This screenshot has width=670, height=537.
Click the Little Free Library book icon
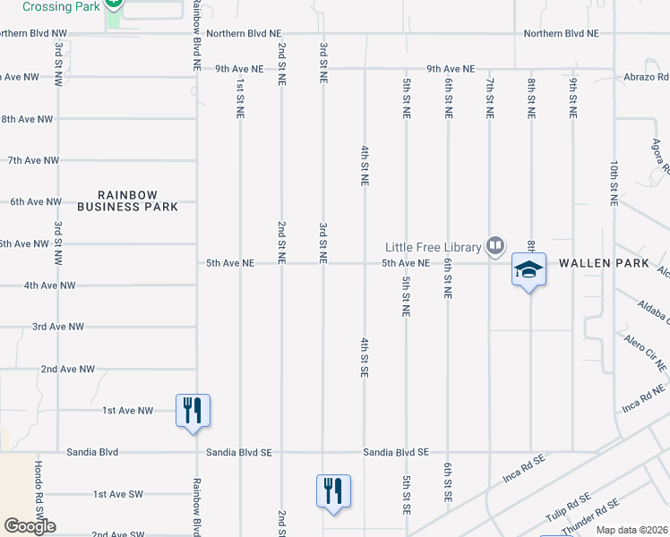click(x=494, y=245)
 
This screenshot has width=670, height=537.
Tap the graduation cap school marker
click(x=528, y=269)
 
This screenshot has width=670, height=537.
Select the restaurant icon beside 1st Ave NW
click(x=193, y=411)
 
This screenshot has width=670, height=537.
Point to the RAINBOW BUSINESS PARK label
click(x=127, y=200)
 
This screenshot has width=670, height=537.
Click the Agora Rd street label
click(x=661, y=156)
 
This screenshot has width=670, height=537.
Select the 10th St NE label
click(x=614, y=184)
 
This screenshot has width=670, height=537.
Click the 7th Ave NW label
click(x=33, y=160)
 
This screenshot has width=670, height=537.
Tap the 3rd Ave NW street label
click(x=58, y=327)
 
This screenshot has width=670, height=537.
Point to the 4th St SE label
click(x=365, y=357)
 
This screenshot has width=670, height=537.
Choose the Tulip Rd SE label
click(x=568, y=509)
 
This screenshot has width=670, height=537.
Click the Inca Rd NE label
click(x=645, y=399)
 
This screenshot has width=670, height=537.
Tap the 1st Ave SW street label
click(x=118, y=494)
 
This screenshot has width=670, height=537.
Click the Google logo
click(x=30, y=526)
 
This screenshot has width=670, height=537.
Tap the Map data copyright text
click(x=631, y=530)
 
